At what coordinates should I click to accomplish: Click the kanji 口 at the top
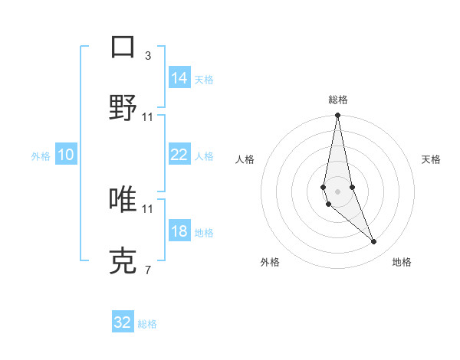tap(123, 47)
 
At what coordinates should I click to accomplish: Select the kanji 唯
tap(123, 200)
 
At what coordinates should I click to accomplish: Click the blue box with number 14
tap(179, 78)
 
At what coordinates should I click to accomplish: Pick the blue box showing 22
tap(179, 155)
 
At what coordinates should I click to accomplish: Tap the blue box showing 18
tap(179, 231)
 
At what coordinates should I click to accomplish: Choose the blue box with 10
tap(66, 155)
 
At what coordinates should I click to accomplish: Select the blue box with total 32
tap(123, 322)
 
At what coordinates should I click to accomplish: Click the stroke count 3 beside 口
tap(147, 55)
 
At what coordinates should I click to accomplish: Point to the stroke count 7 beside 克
tap(147, 270)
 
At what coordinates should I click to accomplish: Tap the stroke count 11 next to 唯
tap(147, 208)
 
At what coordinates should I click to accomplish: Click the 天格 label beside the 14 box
tap(204, 79)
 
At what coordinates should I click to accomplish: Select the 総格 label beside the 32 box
tap(147, 324)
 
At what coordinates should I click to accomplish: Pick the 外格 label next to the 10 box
tap(41, 156)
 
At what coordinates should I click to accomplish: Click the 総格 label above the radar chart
tap(337, 100)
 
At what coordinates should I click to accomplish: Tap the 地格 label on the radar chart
tap(402, 262)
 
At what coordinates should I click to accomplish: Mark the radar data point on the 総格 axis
tap(337, 116)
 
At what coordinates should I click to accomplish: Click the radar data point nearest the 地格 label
tap(374, 242)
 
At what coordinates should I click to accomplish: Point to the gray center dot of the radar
tap(337, 191)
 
